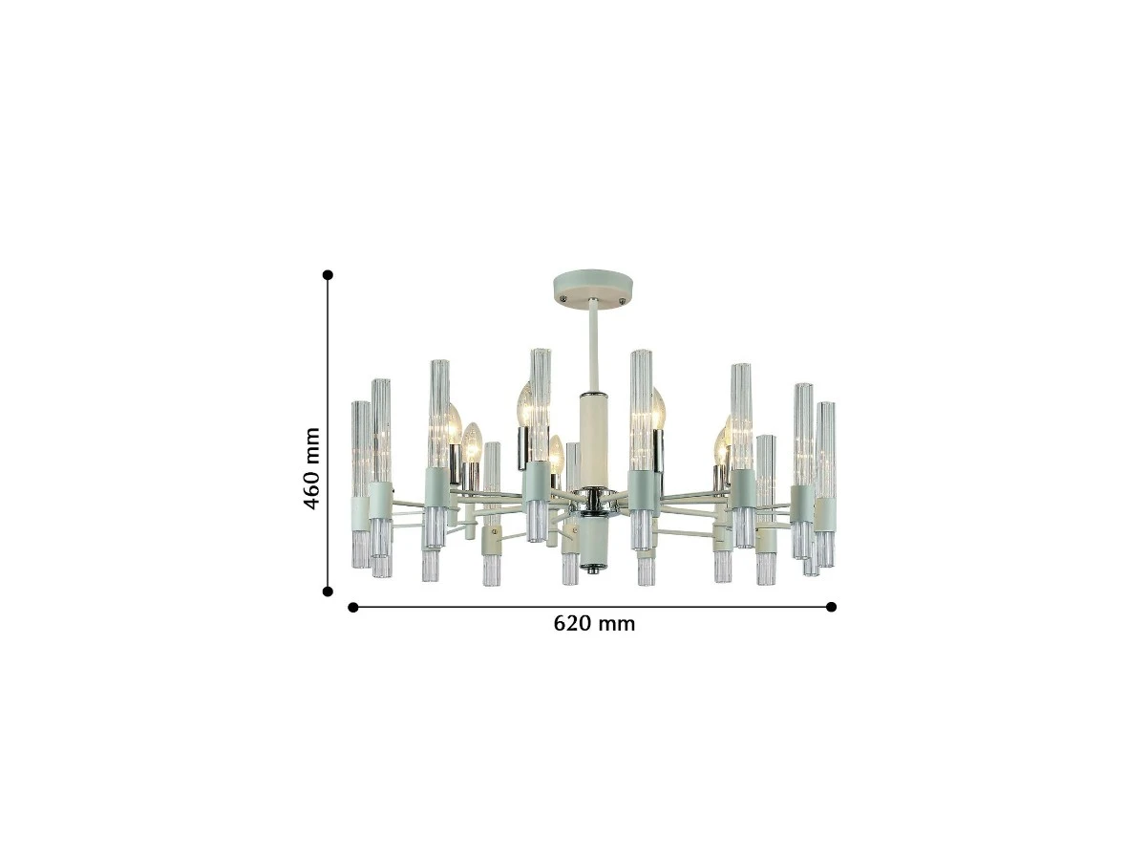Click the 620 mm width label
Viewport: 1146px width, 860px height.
click(594, 624)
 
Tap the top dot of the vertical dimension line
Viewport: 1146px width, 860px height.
click(328, 274)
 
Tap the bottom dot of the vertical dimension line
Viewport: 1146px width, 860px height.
click(328, 591)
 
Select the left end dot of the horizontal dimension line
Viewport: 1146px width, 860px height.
click(353, 607)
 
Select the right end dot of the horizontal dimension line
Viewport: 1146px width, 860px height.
click(832, 607)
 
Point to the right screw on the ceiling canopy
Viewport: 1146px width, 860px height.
click(622, 300)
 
